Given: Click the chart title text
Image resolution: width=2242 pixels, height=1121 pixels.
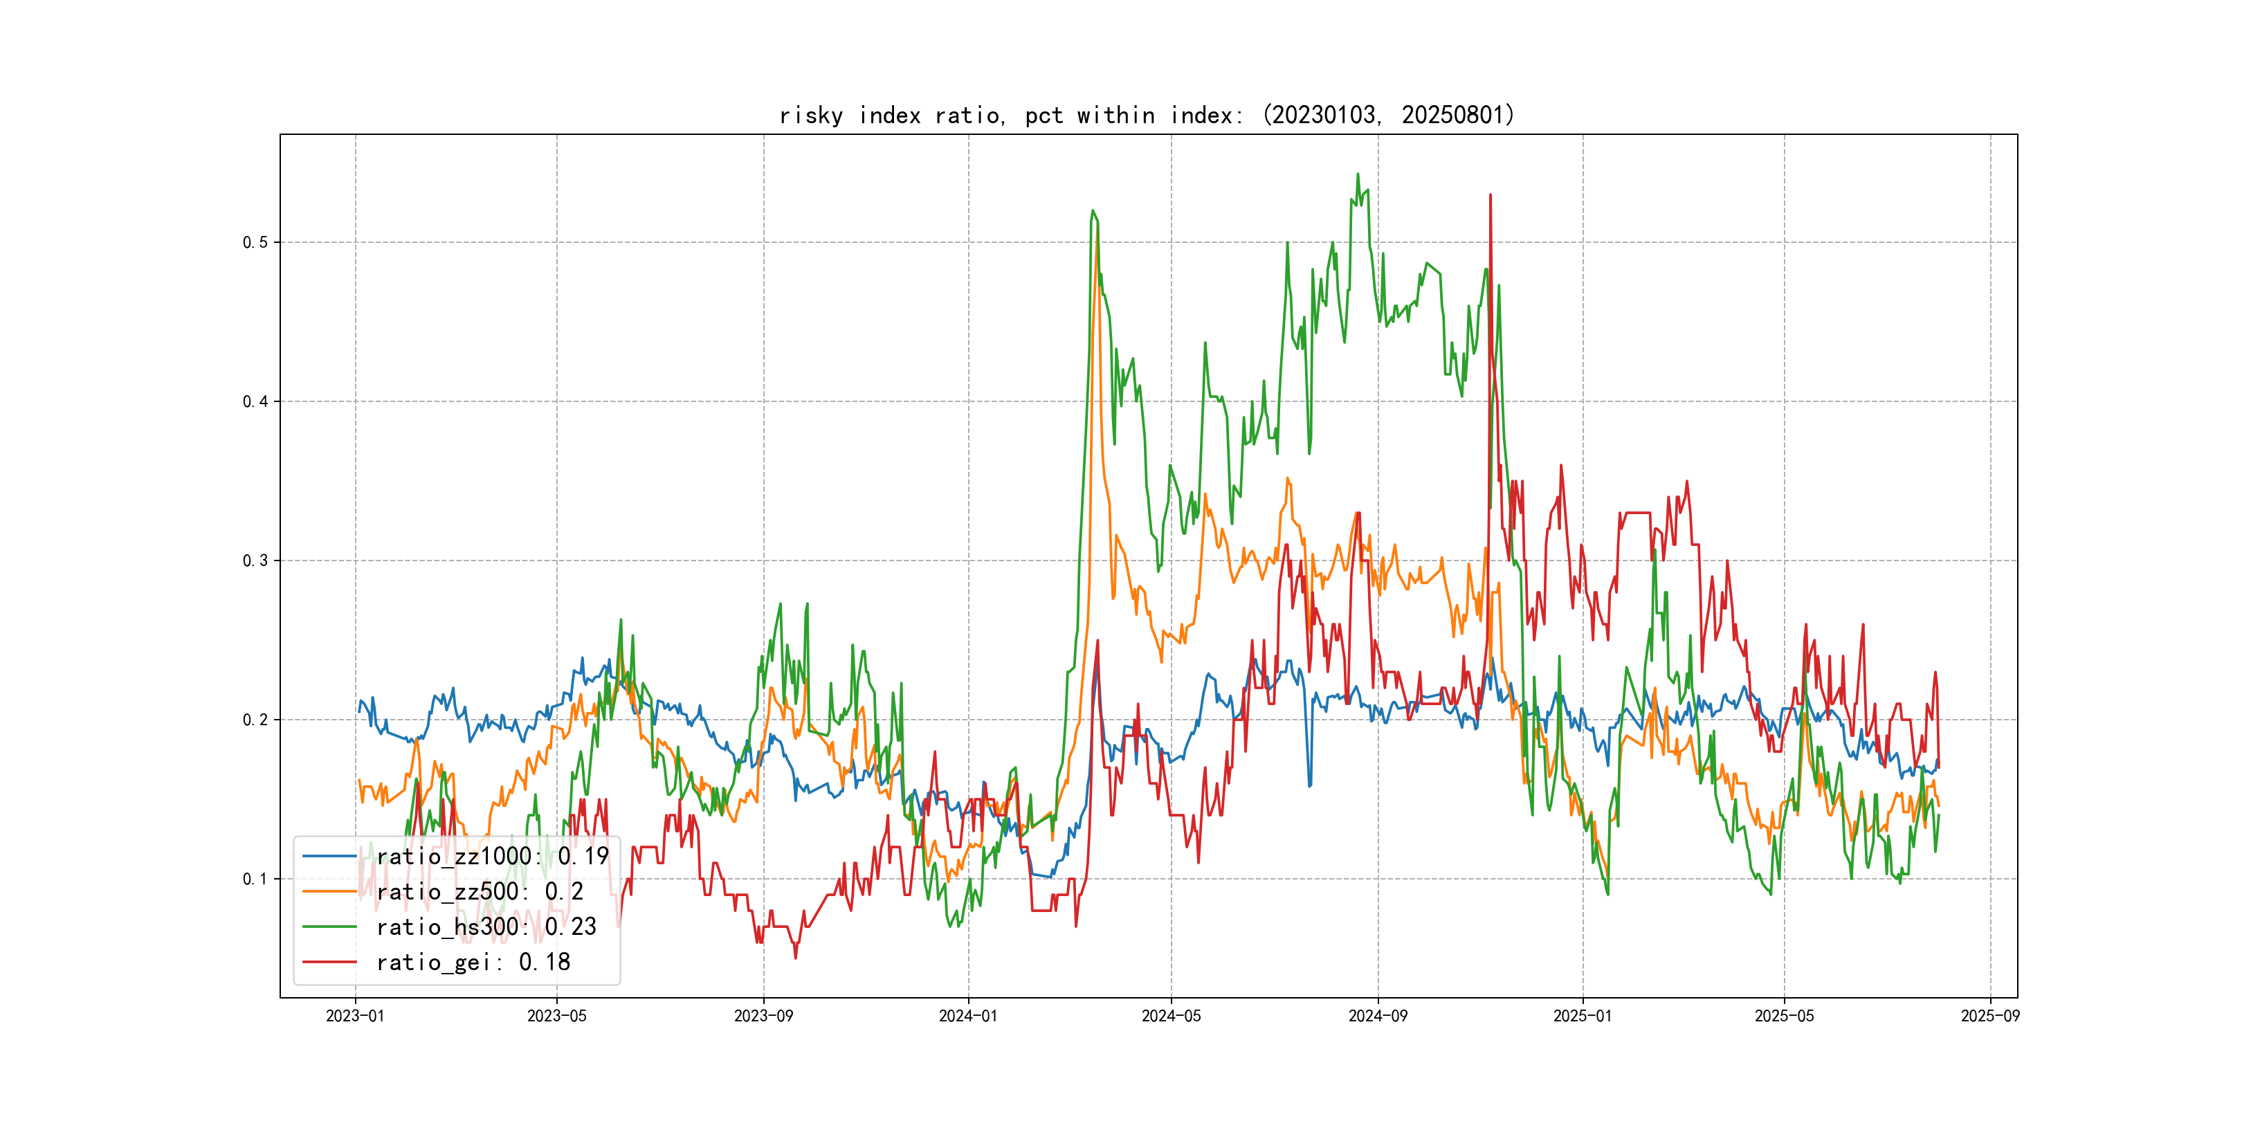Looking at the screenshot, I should [x=1146, y=115].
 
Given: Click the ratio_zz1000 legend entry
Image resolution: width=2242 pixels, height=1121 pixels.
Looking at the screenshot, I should [x=492, y=857].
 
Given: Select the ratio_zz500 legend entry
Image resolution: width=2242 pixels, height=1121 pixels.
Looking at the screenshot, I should [x=479, y=892].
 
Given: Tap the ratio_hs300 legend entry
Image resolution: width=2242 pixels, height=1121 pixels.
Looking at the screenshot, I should [x=486, y=927].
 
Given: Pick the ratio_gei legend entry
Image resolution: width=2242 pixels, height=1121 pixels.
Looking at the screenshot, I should [x=473, y=963].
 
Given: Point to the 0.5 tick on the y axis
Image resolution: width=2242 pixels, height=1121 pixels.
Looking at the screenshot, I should [x=255, y=242].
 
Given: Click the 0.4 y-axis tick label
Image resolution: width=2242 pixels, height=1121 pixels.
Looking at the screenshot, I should [x=255, y=401].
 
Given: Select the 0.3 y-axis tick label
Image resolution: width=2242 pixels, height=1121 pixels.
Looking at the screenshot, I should [x=255, y=560].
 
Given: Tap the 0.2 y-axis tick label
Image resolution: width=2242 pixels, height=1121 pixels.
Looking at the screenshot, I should [x=255, y=720].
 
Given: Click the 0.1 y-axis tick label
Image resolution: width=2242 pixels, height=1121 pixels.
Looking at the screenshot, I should [x=255, y=879].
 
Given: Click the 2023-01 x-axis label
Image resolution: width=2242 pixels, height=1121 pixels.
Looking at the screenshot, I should [x=355, y=1016].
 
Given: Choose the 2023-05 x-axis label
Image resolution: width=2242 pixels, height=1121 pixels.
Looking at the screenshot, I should [x=557, y=1016].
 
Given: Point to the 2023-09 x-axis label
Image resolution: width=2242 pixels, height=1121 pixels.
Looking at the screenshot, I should [x=763, y=1016].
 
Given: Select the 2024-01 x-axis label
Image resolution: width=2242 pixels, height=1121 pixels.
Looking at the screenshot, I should [x=968, y=1016].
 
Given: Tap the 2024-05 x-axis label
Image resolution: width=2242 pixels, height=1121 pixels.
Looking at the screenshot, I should [x=1171, y=1016].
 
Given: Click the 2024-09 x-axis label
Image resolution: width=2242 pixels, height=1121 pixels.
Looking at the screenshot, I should [x=1378, y=1016].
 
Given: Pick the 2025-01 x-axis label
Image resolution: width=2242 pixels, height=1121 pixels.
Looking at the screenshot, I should [x=1583, y=1016].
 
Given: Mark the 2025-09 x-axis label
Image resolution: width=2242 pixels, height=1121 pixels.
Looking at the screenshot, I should [x=1989, y=1016].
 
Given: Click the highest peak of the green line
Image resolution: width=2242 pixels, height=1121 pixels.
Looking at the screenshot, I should [x=1358, y=174].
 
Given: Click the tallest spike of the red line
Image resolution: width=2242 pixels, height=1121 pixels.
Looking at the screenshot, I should [x=1490, y=195].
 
